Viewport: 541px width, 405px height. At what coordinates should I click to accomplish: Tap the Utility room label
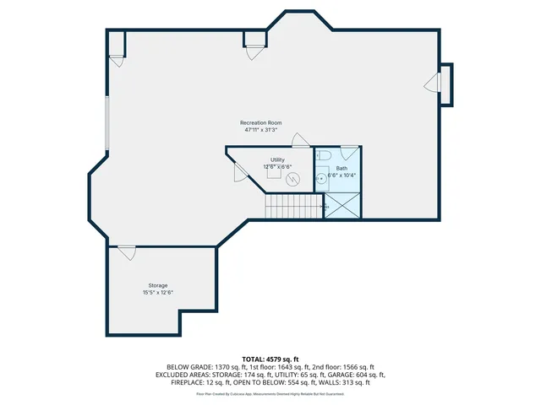[277, 159]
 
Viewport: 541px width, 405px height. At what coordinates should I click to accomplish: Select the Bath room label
[342, 168]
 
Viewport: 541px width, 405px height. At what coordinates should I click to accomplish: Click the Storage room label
[158, 286]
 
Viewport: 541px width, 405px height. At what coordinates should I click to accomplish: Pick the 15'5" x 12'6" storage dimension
[158, 293]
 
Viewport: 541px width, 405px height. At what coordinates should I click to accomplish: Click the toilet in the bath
[322, 154]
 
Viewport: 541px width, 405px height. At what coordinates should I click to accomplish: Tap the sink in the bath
[321, 179]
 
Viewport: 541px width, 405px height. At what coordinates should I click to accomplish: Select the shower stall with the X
[342, 205]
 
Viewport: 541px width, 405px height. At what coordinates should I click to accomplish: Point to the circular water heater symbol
[294, 178]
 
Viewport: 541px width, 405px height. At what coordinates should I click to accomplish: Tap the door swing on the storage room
[127, 251]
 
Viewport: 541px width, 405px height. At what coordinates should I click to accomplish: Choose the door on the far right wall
[433, 81]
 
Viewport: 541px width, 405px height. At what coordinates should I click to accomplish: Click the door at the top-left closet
[117, 62]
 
